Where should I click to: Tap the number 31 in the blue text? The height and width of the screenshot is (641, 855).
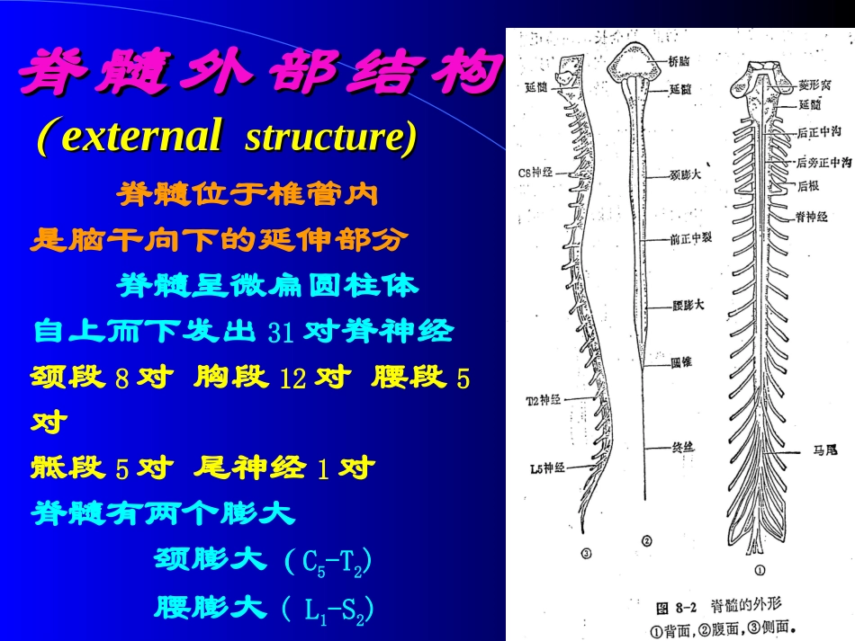281,333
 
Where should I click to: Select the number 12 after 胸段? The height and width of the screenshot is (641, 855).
293,378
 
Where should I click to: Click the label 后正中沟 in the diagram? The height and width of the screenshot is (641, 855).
819,132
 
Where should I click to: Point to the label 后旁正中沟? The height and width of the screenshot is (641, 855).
823,163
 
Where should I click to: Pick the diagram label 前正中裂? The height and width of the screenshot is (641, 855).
690,239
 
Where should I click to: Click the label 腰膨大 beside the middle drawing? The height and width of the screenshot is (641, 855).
688,305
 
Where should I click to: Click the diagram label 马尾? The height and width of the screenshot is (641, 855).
819,449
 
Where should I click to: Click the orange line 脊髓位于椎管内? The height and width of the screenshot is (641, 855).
247,193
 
